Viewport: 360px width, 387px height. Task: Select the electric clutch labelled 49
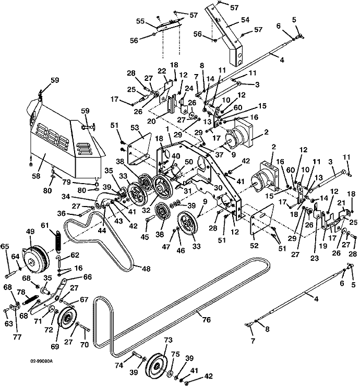37,255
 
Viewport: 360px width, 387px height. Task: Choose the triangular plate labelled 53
138,140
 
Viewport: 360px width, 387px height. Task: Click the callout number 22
162,71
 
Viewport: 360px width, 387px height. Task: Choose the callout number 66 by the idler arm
87,276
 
